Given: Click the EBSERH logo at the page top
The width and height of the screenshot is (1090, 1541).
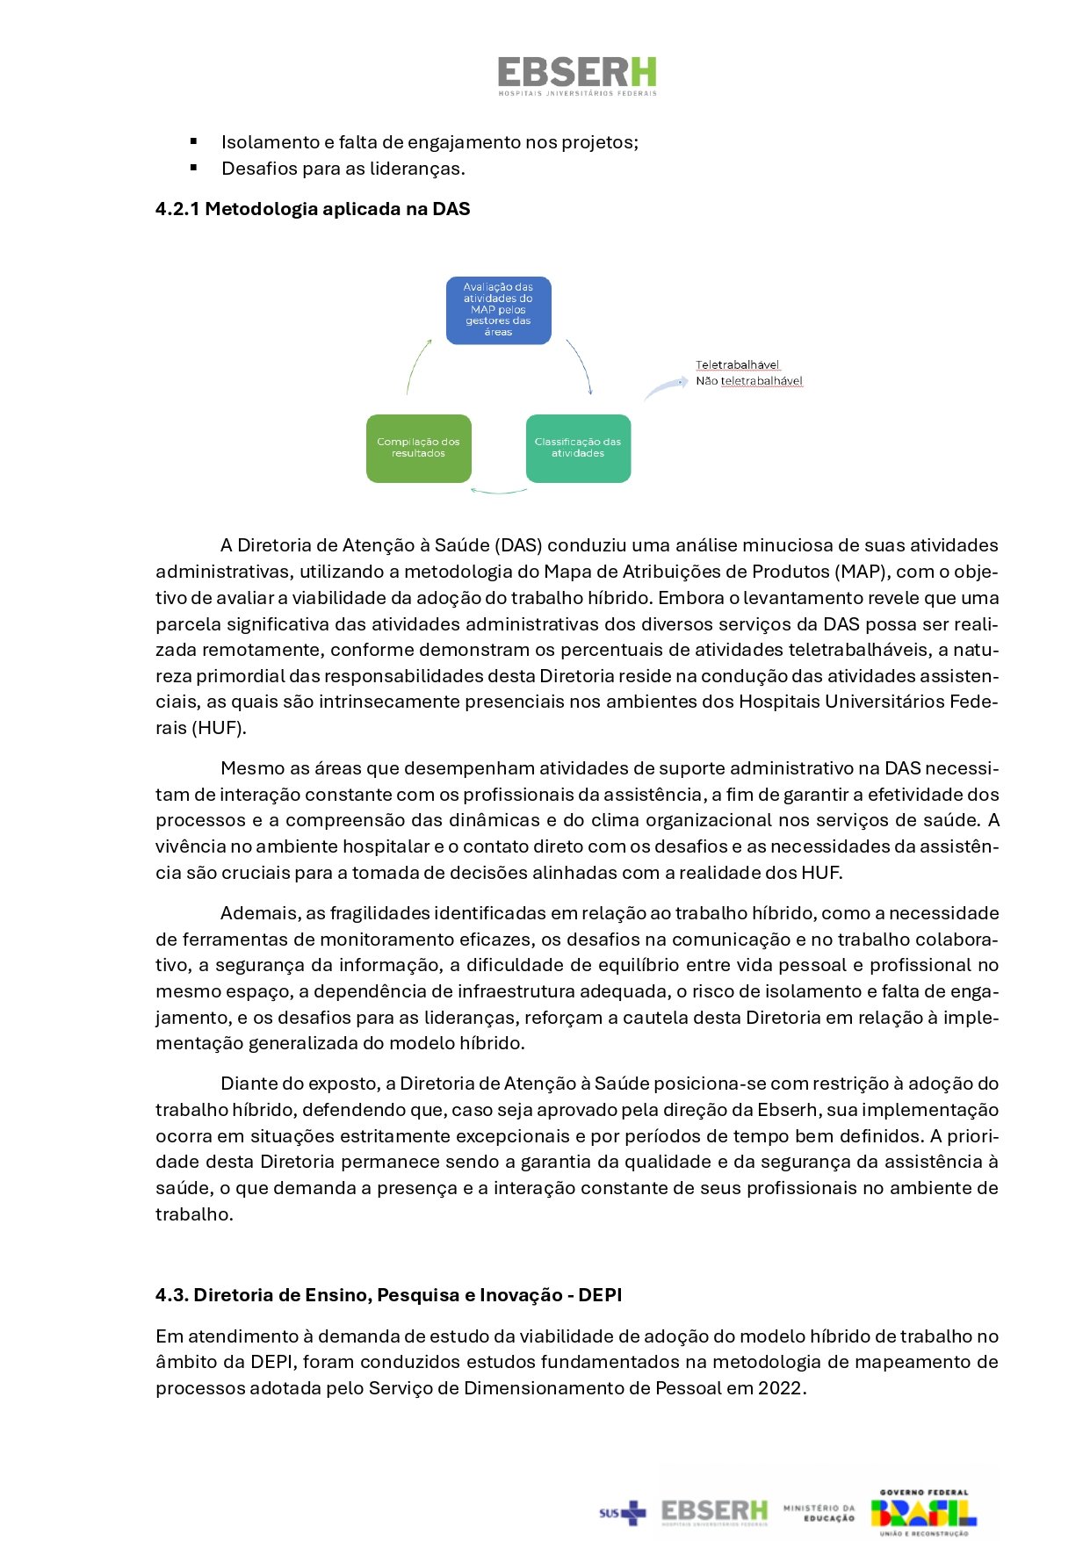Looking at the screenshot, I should coord(577,76).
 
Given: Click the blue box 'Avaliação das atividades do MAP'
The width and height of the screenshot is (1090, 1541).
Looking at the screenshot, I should coord(498,310).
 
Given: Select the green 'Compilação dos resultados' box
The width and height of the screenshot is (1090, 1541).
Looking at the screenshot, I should coord(418,448).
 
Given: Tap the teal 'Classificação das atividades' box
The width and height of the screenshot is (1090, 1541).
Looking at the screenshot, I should coord(577,448).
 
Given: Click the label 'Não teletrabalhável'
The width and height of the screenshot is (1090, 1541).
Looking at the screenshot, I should coord(748,381).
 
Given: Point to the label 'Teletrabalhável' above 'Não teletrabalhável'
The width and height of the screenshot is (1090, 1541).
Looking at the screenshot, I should coord(737,364).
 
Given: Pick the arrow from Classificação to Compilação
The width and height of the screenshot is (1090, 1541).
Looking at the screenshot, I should coord(498,491).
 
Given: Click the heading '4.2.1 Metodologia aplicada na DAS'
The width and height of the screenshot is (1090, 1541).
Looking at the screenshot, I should coord(313,209).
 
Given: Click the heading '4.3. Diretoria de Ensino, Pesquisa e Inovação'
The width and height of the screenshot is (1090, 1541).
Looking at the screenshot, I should coord(388,1295).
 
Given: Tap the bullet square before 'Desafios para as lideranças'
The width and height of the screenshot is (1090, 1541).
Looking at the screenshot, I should coord(193,167).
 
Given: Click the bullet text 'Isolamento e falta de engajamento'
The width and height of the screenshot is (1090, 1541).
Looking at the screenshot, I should coord(430,142).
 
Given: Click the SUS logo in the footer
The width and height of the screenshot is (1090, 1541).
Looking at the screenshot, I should coord(622,1512).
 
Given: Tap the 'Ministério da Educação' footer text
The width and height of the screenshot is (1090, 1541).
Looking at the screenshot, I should coord(819,1512).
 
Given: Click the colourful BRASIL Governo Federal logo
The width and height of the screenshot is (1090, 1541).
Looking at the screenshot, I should coord(923,1512).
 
